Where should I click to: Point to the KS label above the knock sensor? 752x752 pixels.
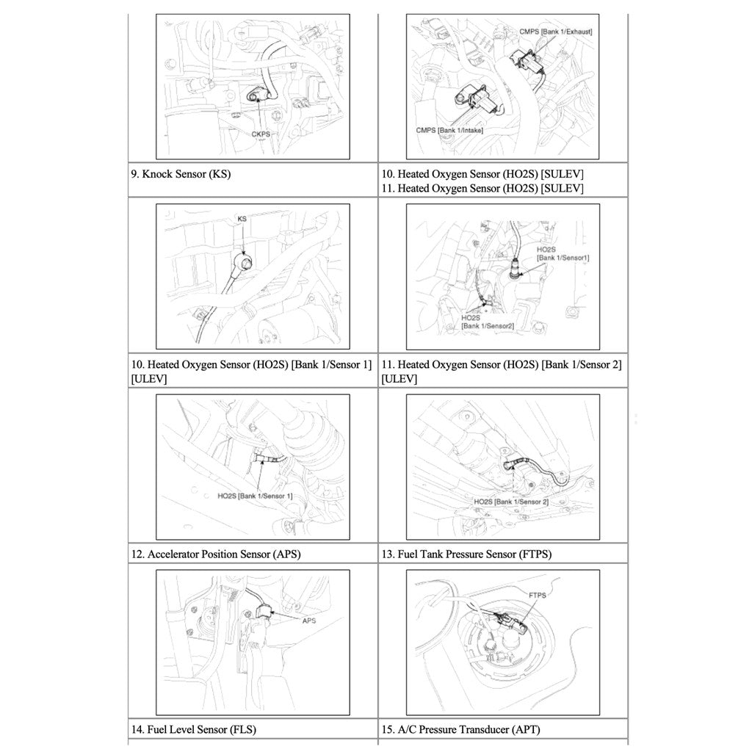[242, 219]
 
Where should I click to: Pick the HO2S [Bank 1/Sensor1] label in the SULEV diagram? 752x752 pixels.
[563, 254]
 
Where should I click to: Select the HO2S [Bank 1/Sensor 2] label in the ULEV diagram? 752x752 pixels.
[511, 501]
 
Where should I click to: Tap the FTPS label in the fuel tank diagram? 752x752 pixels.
[537, 596]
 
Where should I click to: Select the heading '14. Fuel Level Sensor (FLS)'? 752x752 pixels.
[194, 730]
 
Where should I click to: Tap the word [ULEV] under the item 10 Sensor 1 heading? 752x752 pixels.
[149, 379]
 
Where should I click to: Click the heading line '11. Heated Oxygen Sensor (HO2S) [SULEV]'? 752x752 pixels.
[482, 189]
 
